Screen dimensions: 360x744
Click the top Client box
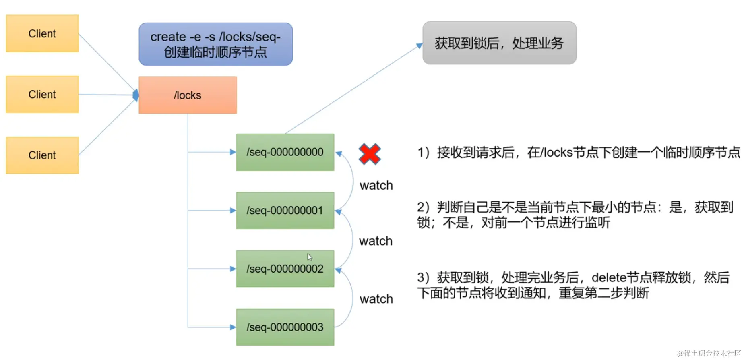[42, 33]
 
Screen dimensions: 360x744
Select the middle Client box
[42, 94]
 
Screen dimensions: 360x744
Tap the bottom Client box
[42, 155]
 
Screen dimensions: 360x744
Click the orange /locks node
[188, 95]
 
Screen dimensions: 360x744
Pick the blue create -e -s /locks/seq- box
[215, 44]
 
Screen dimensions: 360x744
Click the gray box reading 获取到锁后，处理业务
[499, 43]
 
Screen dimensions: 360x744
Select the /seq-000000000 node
[285, 152]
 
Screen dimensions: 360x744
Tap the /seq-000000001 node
[285, 210]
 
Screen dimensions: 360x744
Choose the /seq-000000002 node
[285, 269]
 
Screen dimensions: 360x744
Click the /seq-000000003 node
[285, 327]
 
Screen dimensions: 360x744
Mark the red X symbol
[370, 154]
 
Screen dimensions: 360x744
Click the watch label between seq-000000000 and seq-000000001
[376, 185]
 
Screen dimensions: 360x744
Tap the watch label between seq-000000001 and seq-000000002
[376, 241]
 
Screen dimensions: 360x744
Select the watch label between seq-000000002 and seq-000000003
[376, 299]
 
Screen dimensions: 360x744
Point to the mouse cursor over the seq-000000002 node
[309, 257]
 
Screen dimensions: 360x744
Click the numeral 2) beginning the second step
[424, 207]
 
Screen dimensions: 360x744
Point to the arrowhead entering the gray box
[420, 46]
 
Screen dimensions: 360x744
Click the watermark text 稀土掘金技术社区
[712, 353]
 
